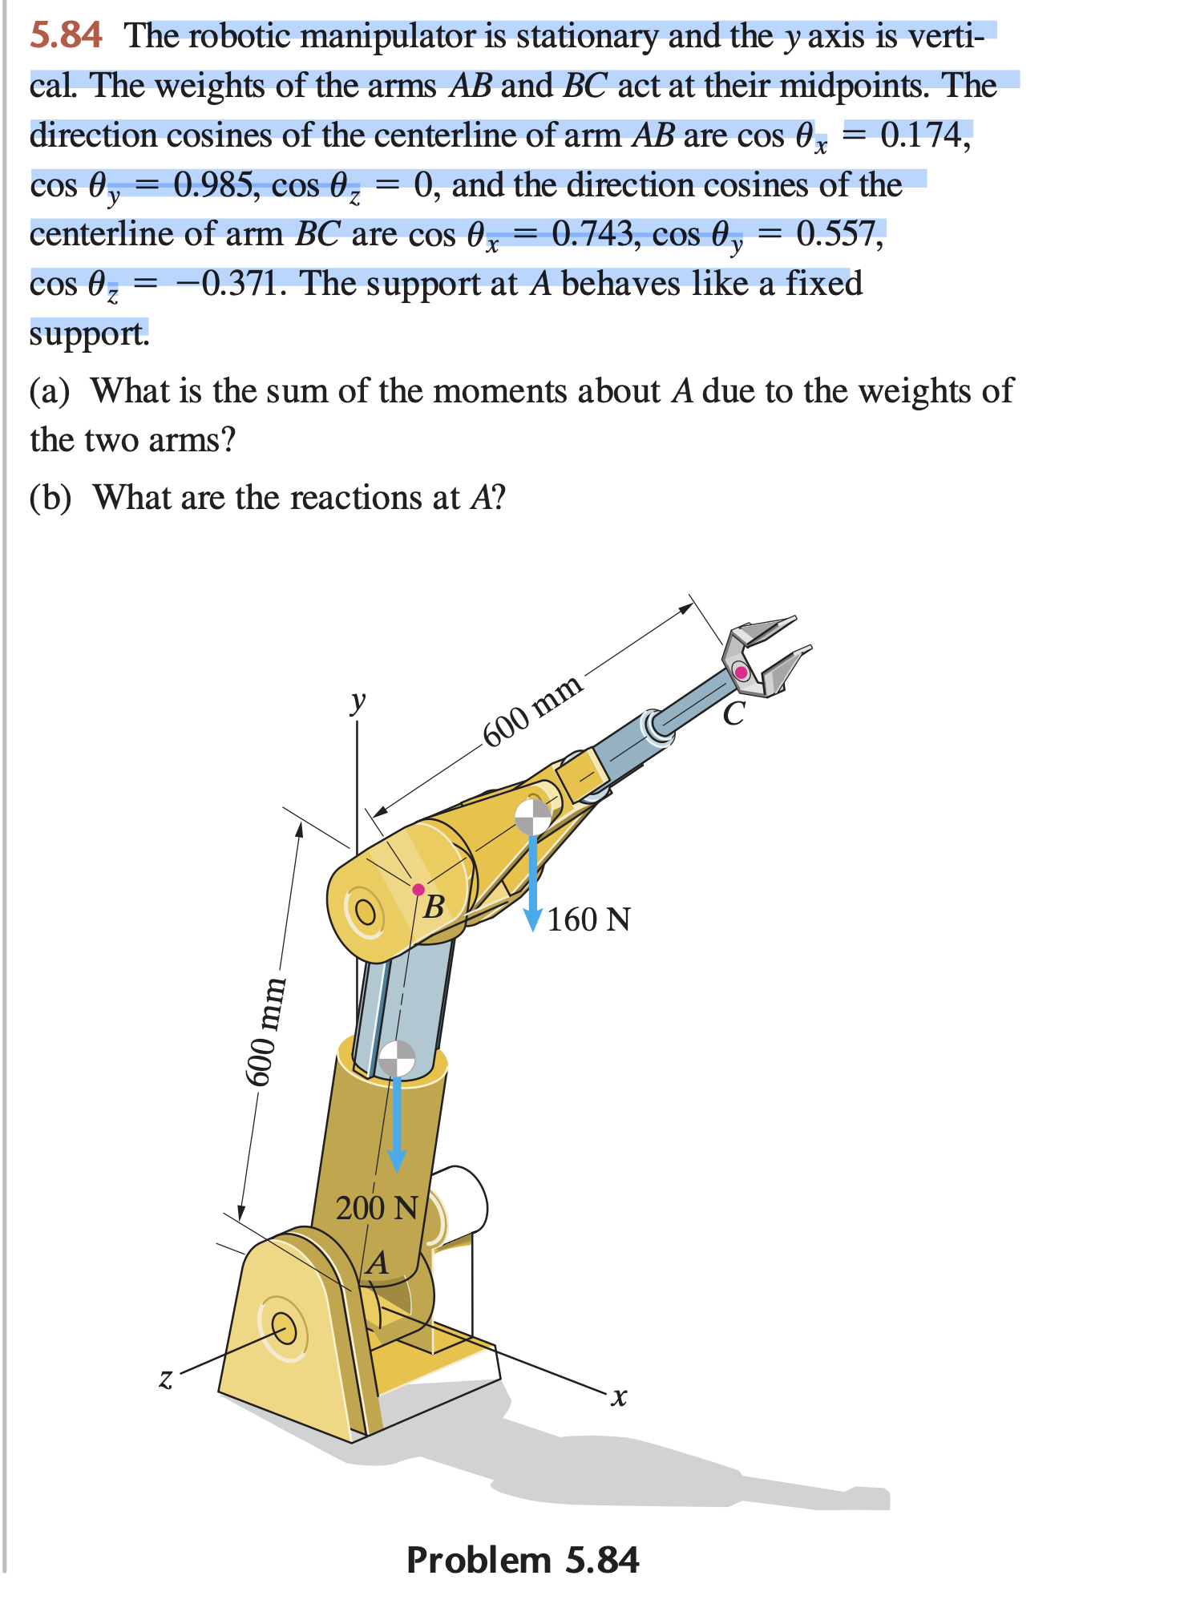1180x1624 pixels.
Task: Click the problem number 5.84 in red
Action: (66, 36)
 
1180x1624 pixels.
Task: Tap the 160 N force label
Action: (589, 919)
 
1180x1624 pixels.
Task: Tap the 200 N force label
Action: (377, 1207)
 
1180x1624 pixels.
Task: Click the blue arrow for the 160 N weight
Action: (533, 882)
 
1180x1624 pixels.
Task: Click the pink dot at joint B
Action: (418, 890)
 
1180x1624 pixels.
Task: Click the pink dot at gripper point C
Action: (742, 672)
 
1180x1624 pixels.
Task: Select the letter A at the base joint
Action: (378, 1263)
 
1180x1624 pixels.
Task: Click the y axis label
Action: (358, 701)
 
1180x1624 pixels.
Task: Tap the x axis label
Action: (618, 1396)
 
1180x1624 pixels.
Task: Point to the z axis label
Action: (165, 1378)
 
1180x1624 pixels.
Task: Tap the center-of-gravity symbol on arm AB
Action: (397, 1058)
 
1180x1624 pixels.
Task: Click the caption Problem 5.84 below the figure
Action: (523, 1560)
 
